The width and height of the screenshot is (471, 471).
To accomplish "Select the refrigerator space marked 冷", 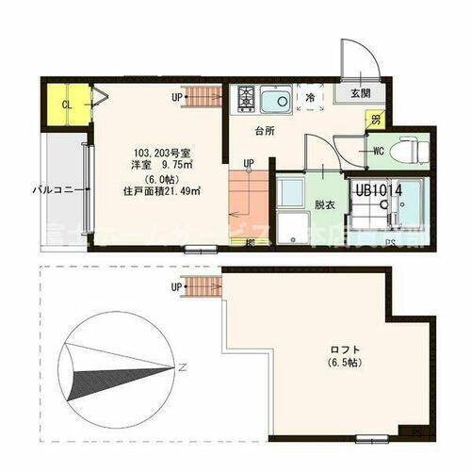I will coord(309,96).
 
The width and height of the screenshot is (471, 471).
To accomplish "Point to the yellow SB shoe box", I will coord(375,121).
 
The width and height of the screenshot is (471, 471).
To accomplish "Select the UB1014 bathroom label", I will coord(379,189).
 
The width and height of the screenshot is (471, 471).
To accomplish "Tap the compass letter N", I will coord(186,365).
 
